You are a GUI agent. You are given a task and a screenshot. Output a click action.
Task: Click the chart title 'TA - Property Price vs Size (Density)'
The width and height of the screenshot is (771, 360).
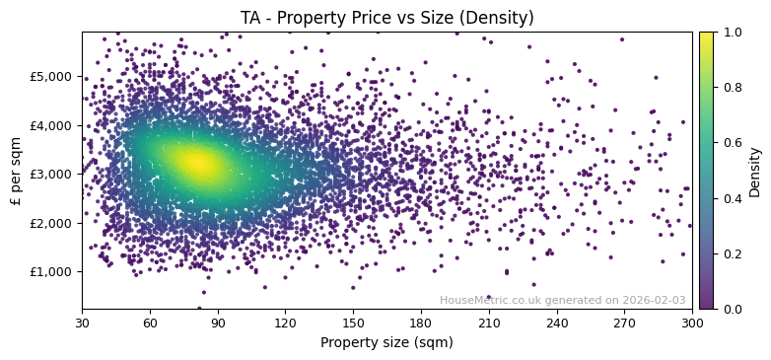[386, 18]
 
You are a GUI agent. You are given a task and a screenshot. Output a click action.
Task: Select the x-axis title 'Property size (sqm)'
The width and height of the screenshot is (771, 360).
[386, 343]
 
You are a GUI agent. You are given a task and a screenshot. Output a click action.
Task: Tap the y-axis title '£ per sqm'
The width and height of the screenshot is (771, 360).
[17, 171]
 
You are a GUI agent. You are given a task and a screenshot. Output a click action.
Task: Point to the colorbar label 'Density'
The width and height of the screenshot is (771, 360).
[755, 171]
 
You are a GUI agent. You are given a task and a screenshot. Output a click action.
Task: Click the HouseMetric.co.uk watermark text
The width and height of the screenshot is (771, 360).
[562, 300]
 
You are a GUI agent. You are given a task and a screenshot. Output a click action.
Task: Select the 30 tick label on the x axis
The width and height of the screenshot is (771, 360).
[82, 324]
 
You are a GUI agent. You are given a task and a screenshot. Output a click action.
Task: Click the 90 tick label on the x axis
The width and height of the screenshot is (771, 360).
[218, 324]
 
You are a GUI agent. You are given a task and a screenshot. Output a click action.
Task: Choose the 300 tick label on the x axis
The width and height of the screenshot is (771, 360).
[692, 324]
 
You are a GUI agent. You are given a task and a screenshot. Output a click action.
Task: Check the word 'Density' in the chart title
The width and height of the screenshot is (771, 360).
[500, 18]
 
